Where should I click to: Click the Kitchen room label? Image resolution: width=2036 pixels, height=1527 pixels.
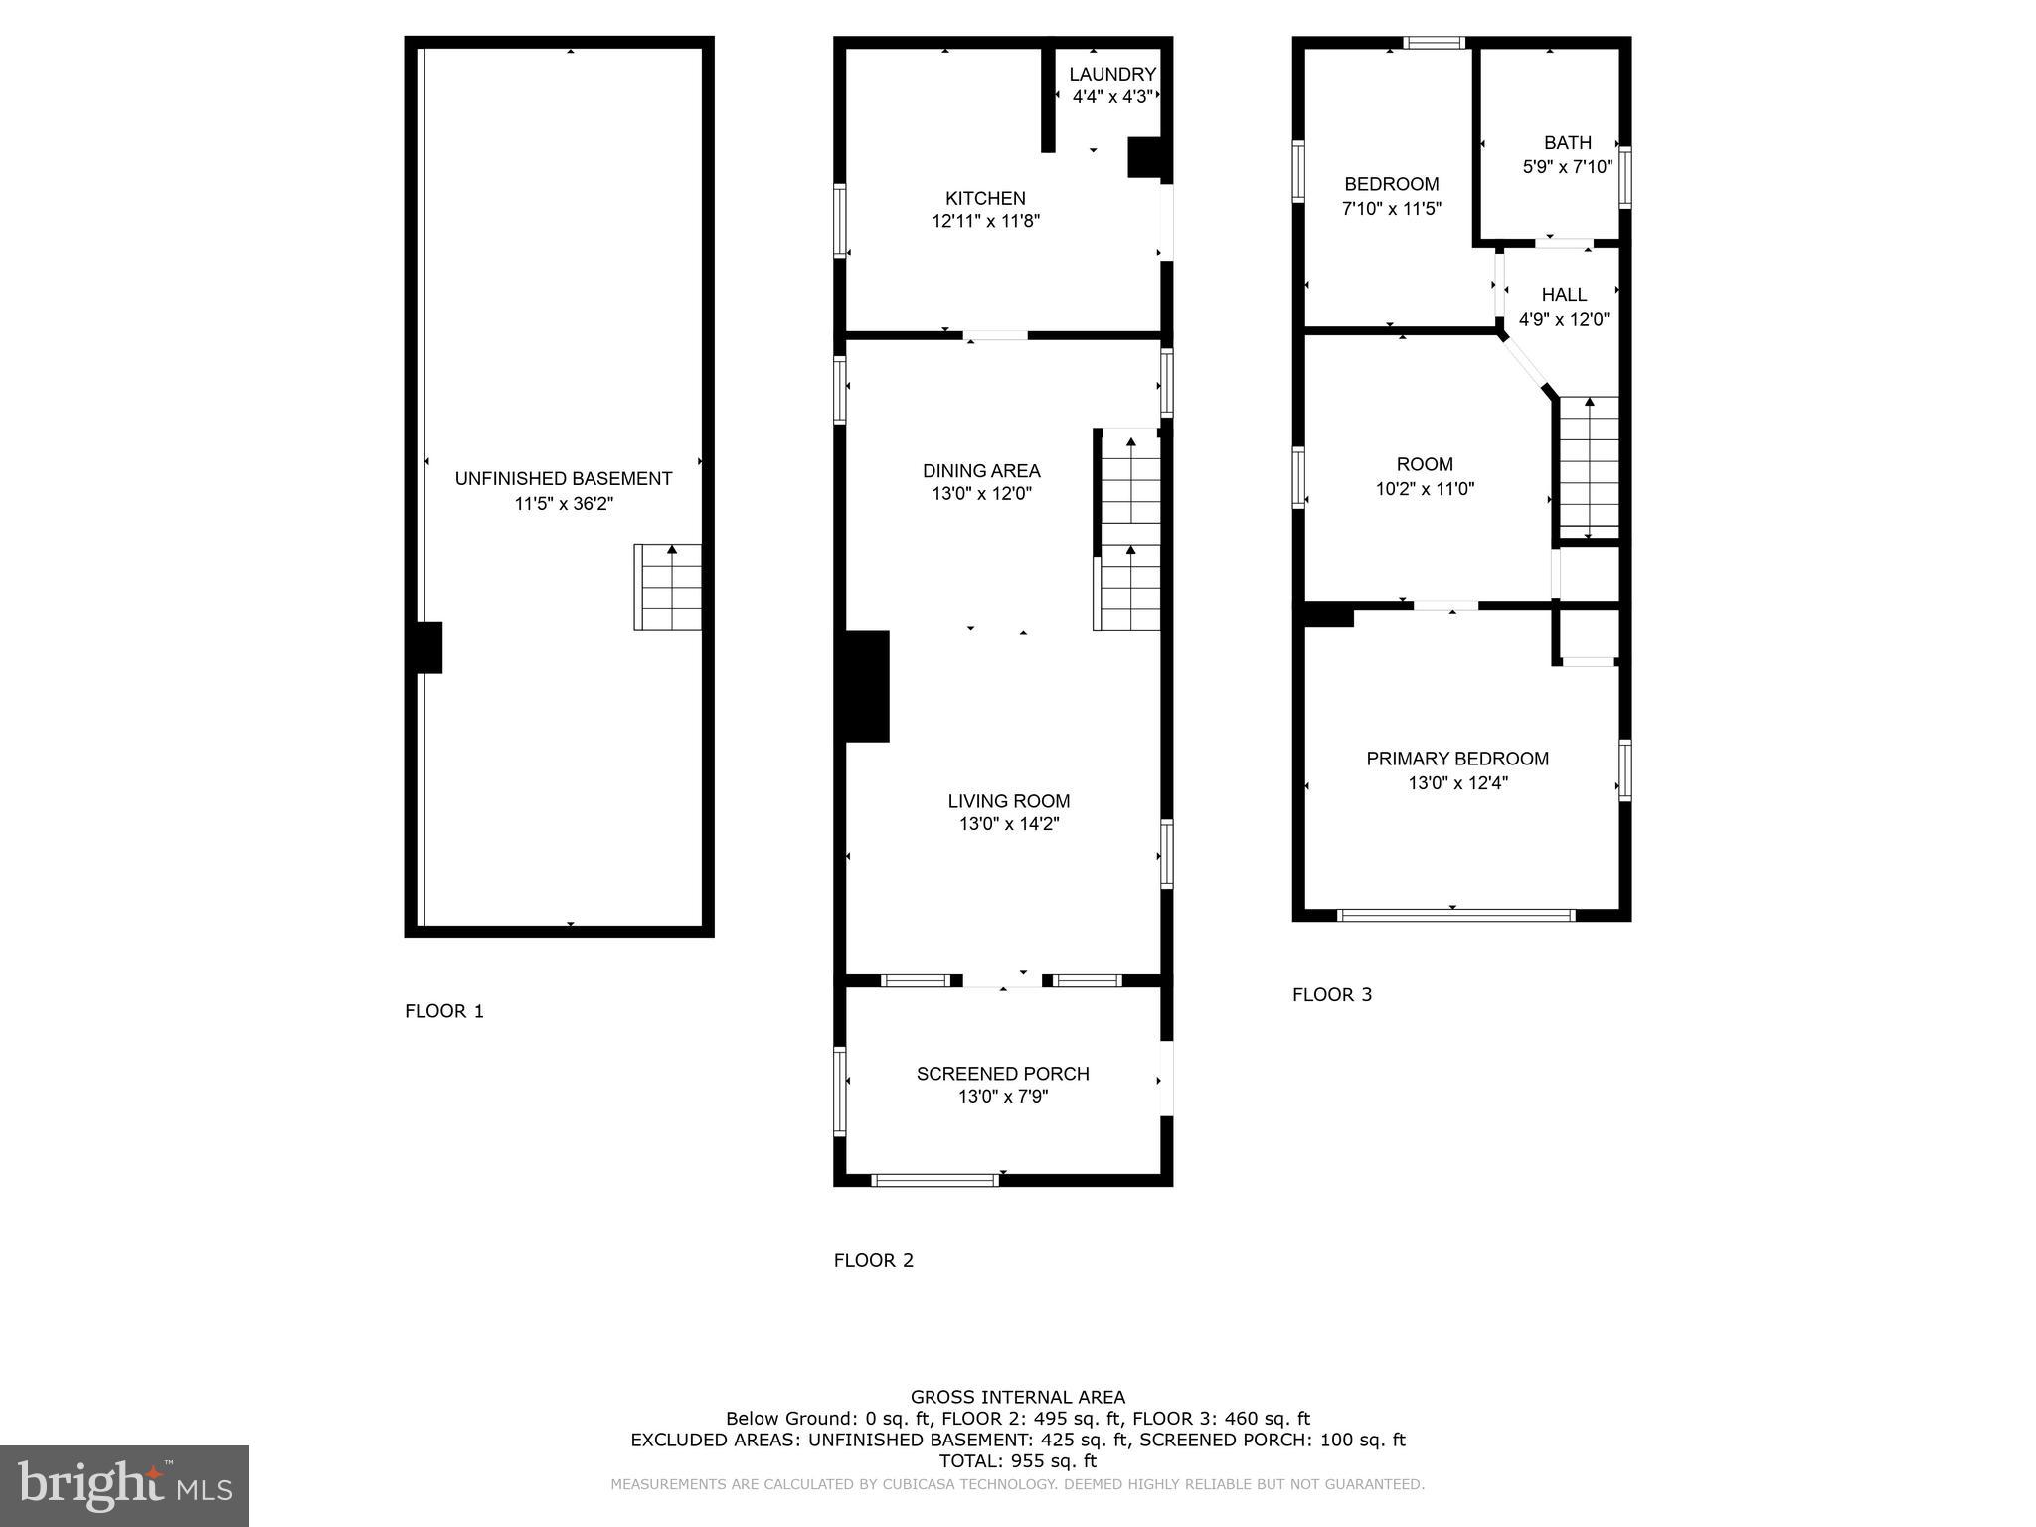tap(985, 198)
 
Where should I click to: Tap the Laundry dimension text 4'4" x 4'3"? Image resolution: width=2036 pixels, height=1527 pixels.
tap(1111, 97)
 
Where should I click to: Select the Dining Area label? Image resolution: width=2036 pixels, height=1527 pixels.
tap(981, 470)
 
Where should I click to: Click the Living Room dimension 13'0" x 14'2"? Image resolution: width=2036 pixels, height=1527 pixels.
tap(1008, 824)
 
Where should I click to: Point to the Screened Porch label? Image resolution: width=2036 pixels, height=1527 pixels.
tap(1002, 1074)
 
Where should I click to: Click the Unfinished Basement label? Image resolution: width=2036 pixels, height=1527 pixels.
tap(564, 478)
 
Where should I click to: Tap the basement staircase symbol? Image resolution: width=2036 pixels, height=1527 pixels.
tap(668, 587)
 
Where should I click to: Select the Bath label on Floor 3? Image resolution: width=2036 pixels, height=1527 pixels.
tap(1567, 142)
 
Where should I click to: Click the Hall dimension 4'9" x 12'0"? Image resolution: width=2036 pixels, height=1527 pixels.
tap(1564, 320)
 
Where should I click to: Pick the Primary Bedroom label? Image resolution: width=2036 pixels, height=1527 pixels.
tap(1457, 759)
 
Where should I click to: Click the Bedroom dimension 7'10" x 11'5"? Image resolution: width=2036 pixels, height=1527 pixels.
tap(1391, 209)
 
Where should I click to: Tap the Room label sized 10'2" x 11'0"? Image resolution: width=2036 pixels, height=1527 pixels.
tap(1425, 464)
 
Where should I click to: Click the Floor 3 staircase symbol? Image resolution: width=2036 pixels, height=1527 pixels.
tap(1589, 467)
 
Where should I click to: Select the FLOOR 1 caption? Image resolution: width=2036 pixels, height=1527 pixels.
tap(443, 1011)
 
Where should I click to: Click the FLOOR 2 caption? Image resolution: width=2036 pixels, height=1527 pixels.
tap(873, 1260)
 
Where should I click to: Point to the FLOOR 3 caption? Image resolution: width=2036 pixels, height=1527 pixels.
tap(1331, 994)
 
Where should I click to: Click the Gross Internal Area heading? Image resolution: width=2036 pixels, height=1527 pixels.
tap(1017, 1397)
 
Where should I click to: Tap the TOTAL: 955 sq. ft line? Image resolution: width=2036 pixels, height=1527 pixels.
tap(1017, 1461)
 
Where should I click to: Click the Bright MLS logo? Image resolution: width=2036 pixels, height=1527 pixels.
tap(124, 1485)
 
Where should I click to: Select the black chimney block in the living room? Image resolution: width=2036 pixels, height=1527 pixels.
tap(866, 686)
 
